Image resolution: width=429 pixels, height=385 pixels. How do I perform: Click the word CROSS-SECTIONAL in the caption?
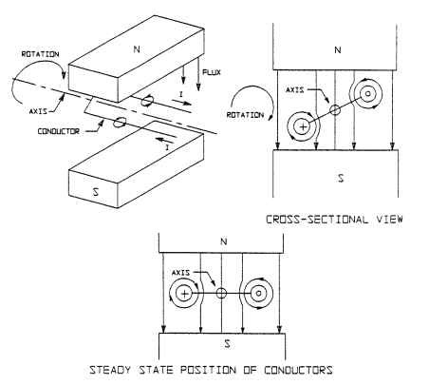coord(316,218)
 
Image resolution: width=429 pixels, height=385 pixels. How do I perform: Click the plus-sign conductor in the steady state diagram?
coord(183,293)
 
